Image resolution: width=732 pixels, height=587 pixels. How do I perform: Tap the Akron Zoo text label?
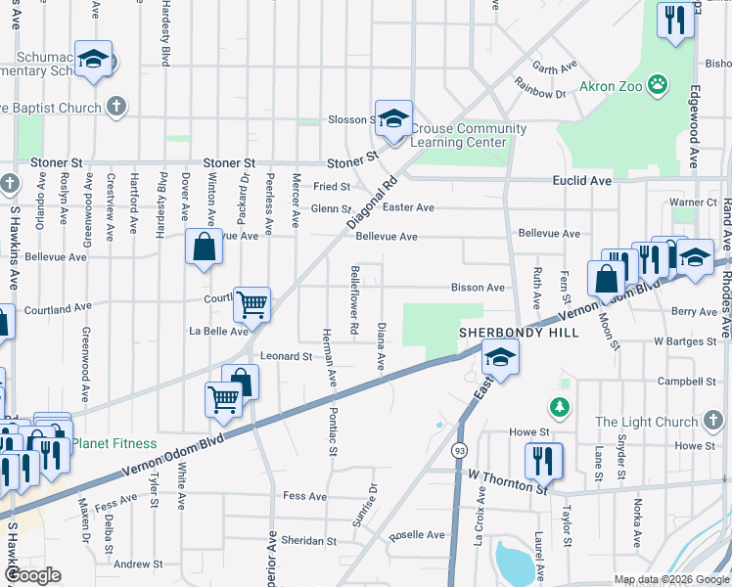coord(611,86)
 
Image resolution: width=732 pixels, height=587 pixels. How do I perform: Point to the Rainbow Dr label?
coord(548,94)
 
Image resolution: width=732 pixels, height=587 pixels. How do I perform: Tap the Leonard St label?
coord(286,356)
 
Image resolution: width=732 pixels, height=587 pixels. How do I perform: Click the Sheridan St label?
coord(309,540)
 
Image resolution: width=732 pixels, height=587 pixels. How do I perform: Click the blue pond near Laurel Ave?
coord(514,561)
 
